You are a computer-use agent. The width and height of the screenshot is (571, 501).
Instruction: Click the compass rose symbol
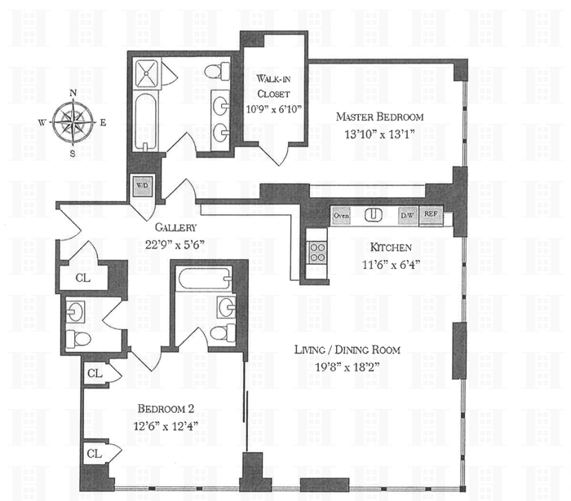coord(73,123)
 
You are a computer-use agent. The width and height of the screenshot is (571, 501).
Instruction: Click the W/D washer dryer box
coord(142,186)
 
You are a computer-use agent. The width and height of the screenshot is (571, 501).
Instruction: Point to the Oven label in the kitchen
coord(341,216)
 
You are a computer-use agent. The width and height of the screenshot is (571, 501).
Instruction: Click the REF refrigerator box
coord(432,216)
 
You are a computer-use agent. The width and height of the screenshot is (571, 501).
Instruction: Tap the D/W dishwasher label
coord(406,216)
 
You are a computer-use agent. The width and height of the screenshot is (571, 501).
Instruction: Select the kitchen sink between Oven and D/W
coord(374,215)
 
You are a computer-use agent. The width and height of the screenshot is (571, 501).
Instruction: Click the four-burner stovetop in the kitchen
coord(316,252)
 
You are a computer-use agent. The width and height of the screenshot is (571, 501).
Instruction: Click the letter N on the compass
coord(73,93)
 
